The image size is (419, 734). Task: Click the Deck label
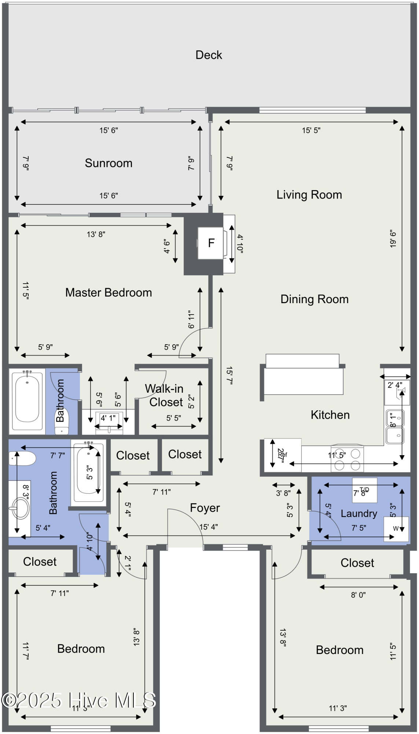[x=209, y=55]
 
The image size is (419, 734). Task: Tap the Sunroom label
[x=109, y=163]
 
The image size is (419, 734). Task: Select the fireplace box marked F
[x=211, y=243]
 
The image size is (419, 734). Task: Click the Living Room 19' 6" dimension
[x=393, y=239]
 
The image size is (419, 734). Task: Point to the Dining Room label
[x=314, y=299]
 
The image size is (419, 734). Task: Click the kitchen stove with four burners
[x=347, y=459]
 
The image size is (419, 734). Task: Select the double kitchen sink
[x=395, y=427]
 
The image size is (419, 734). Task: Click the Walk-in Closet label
[x=165, y=395]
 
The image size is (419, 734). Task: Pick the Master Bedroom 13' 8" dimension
[x=96, y=234]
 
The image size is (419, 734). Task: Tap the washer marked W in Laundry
[x=396, y=529]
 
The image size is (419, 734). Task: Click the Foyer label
[x=205, y=508]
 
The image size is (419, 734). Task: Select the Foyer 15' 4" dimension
[x=209, y=527]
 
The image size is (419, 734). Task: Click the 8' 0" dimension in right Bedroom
[x=358, y=595]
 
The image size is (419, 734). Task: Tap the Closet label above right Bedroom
[x=357, y=563]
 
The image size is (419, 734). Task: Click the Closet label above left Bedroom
[x=40, y=562]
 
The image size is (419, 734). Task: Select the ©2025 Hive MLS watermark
[x=79, y=700]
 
